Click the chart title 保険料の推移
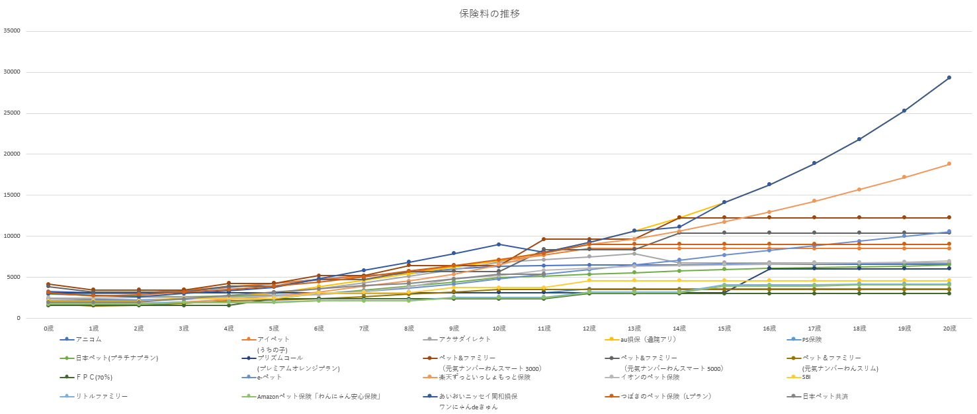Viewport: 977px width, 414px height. (x=489, y=14)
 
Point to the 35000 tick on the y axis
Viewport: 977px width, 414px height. (x=12, y=30)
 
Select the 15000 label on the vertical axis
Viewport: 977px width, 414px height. (x=12, y=195)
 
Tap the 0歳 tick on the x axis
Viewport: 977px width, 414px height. (x=48, y=329)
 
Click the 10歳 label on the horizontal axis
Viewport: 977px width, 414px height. (x=499, y=329)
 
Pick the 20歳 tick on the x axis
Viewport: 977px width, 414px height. (x=949, y=329)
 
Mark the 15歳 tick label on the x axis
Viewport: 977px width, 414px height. (x=724, y=329)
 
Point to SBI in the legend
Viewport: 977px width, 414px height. (x=806, y=377)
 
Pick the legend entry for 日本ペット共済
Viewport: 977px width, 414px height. (x=825, y=396)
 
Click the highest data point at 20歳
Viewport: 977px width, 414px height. (x=949, y=78)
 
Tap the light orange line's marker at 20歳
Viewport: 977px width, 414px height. (x=949, y=164)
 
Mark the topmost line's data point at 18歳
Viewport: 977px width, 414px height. (x=859, y=139)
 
